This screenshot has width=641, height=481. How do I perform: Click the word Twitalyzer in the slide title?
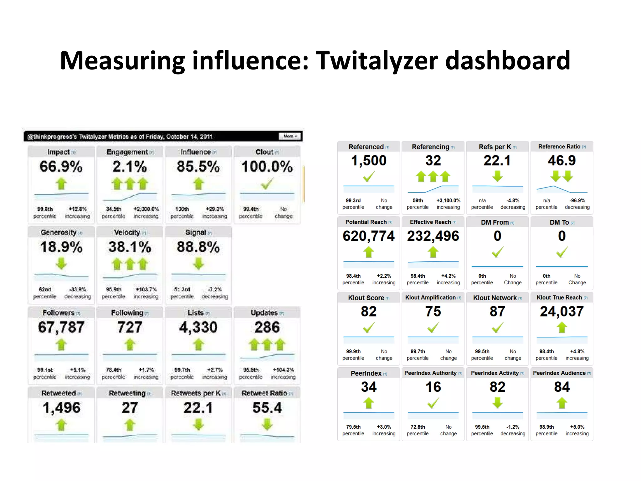377,60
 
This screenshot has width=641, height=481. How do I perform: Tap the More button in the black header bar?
290,136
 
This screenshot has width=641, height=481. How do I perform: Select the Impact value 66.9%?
61,167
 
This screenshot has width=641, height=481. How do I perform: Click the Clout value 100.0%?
267,167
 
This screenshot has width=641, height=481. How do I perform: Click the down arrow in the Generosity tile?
61,264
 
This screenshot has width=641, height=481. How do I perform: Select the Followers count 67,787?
61,328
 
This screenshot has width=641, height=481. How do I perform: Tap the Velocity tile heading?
127,232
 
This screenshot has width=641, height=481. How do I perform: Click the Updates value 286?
267,328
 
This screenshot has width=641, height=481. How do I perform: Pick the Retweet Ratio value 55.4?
267,408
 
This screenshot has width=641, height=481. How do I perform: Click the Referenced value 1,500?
369,161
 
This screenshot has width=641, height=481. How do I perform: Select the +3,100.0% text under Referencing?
448,200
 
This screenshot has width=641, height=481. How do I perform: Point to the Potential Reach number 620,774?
369,236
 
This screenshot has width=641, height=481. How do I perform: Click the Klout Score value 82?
369,312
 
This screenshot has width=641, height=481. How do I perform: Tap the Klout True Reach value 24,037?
562,312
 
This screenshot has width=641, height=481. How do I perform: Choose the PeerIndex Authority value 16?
433,387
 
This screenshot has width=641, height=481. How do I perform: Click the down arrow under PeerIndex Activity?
497,403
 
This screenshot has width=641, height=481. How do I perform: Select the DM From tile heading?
495,222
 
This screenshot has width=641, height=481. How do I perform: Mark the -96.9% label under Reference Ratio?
577,200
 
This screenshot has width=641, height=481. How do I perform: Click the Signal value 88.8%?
198,247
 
